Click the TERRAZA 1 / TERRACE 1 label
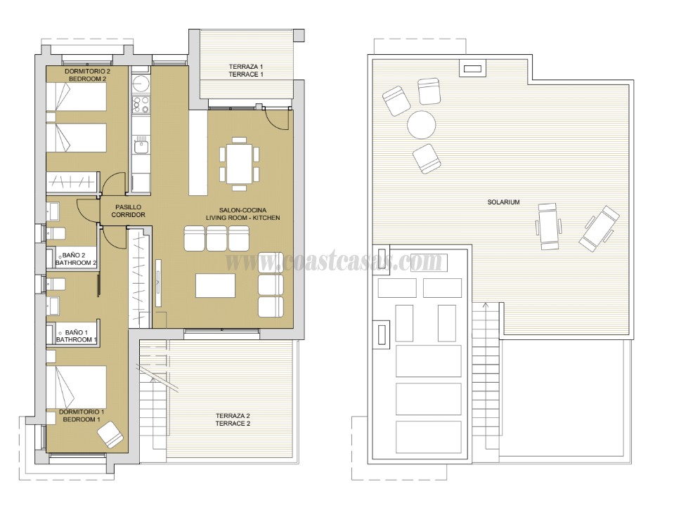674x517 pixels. [x=246, y=70]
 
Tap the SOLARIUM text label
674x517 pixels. [x=503, y=202]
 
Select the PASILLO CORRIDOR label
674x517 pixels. [x=128, y=211]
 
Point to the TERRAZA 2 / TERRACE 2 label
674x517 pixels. [x=233, y=420]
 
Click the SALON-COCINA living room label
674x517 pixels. [x=242, y=214]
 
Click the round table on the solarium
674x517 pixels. [x=422, y=125]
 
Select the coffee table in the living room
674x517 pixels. [x=215, y=285]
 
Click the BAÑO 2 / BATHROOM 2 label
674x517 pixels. [x=76, y=259]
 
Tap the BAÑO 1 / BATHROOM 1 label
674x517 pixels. [x=76, y=336]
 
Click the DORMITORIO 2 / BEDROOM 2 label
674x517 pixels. [x=87, y=75]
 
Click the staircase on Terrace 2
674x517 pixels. [x=154, y=407]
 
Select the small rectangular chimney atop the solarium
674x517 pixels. [x=471, y=69]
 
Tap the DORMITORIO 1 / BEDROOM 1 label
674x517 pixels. [x=82, y=415]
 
